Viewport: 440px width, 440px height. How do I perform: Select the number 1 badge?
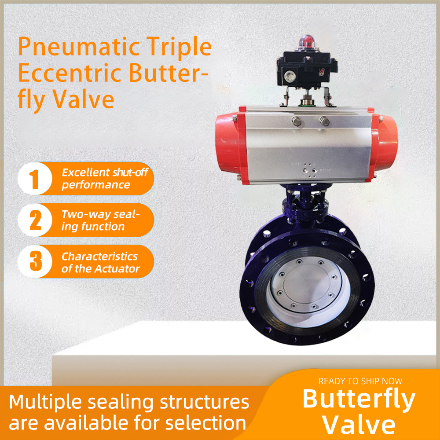click(x=35, y=179)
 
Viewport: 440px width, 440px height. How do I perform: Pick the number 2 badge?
click(x=35, y=220)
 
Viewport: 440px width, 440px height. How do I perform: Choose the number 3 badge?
click(x=35, y=261)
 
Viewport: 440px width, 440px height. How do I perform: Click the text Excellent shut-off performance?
click(x=105, y=179)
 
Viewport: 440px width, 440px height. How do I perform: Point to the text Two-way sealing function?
click(x=100, y=220)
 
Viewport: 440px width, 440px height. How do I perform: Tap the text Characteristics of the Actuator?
click(x=100, y=262)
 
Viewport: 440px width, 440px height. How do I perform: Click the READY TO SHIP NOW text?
click(x=360, y=381)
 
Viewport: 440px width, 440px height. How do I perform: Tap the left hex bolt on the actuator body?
click(x=297, y=121)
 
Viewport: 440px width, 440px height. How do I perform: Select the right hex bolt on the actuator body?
click(x=325, y=121)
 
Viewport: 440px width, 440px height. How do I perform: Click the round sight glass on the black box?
click(x=290, y=76)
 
